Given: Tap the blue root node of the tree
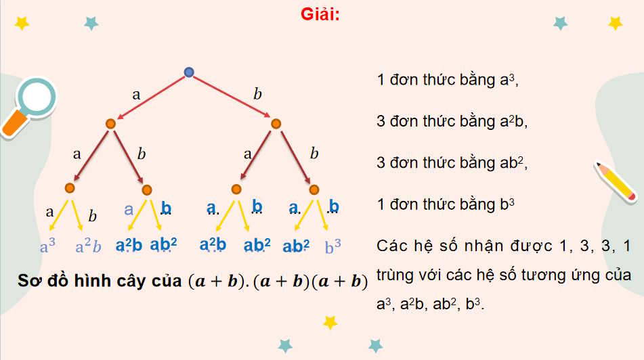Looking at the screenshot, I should click(x=189, y=72).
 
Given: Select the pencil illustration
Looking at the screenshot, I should click(x=616, y=181).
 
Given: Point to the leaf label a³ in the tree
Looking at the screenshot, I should click(x=48, y=247).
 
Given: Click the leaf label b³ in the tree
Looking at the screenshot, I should click(x=333, y=247).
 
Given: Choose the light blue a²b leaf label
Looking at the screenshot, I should click(x=89, y=247).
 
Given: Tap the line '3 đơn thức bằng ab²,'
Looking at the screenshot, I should click(x=452, y=163).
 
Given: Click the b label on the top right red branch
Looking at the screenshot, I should click(x=257, y=94).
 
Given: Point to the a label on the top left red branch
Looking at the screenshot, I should click(x=136, y=95).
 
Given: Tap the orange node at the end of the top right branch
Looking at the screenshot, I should click(x=276, y=124).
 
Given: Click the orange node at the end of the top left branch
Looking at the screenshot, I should click(x=110, y=124).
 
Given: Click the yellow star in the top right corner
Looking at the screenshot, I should click(x=615, y=23).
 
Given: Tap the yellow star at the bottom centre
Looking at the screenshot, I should click(x=330, y=322).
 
